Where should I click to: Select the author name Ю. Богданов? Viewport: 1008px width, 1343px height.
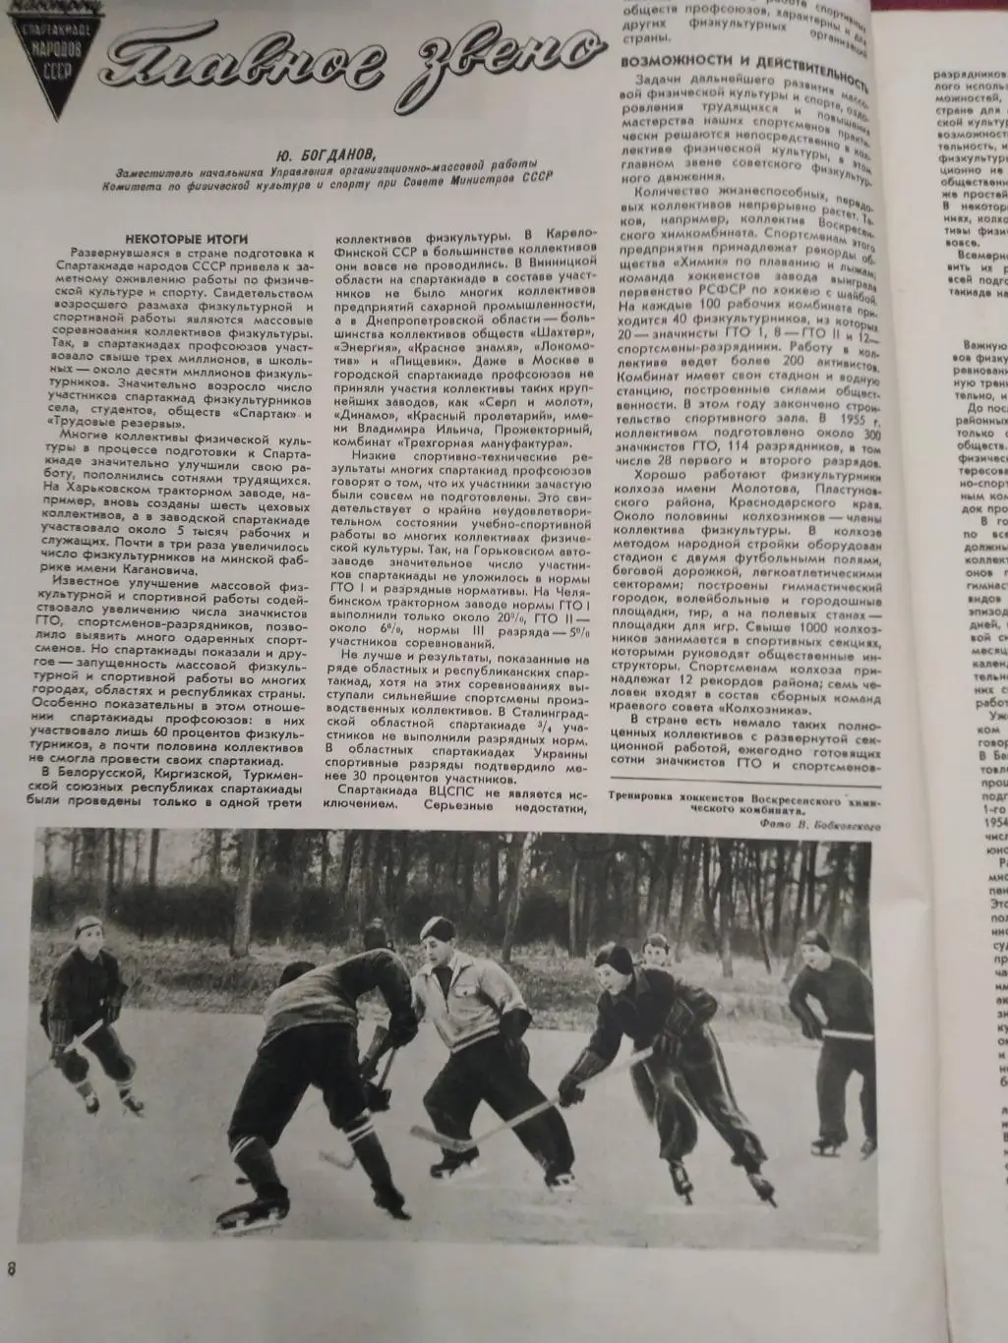325,153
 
